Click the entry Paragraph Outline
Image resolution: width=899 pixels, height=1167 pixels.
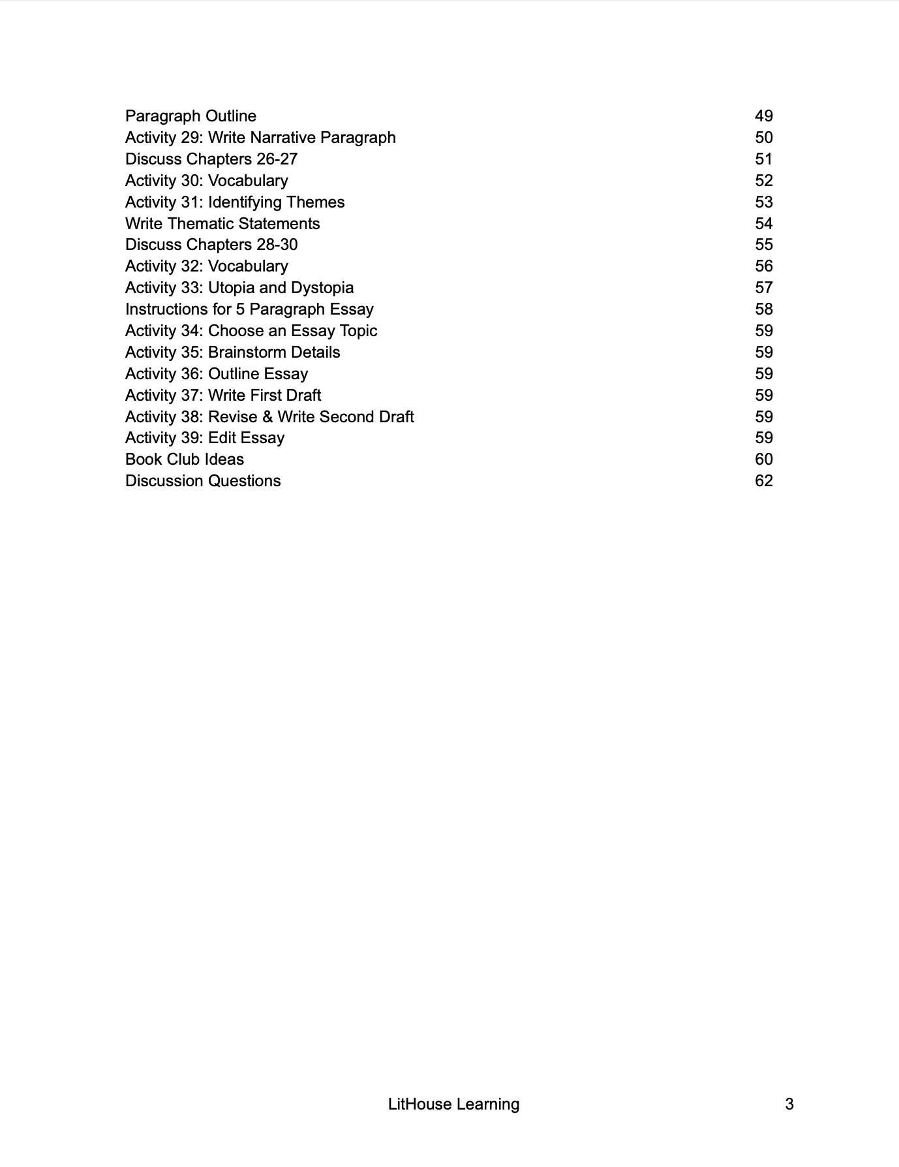tap(190, 116)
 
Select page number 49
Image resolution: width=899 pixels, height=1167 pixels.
tap(763, 116)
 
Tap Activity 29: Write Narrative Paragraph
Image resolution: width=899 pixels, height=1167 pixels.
tap(260, 138)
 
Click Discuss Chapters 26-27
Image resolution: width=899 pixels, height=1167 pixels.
tap(211, 159)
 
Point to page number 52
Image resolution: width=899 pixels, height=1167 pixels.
tap(763, 181)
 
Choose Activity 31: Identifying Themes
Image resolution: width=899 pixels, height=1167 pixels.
tap(235, 202)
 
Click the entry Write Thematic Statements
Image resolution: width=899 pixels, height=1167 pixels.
tap(222, 224)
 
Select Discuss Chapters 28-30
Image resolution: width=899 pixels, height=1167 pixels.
tap(211, 245)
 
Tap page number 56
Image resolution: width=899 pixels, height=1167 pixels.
tap(763, 266)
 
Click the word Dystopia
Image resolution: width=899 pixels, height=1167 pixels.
tap(322, 288)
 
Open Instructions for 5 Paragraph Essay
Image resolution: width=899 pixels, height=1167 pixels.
tap(249, 309)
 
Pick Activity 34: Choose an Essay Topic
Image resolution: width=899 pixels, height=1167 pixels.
tap(251, 331)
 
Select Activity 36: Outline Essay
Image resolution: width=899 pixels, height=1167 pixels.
tap(217, 374)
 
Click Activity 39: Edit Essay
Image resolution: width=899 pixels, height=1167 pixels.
tap(205, 438)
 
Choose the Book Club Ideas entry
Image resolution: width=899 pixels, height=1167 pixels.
tap(185, 459)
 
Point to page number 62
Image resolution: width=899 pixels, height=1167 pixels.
tap(763, 481)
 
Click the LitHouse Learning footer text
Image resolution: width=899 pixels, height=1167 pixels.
tap(453, 1104)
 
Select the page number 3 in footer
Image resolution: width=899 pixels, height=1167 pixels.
tap(789, 1104)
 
